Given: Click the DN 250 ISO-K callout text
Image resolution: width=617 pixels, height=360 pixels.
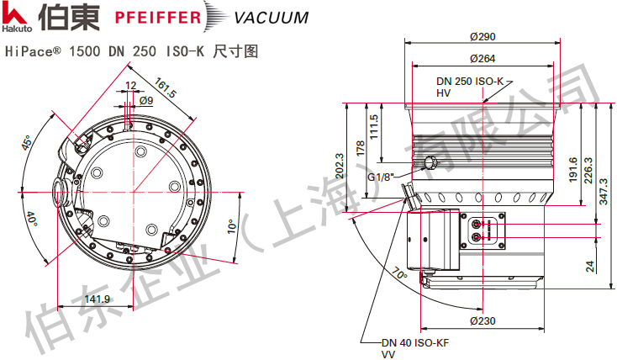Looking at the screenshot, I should click(x=469, y=82).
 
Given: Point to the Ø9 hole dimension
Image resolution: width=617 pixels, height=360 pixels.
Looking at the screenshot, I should click(x=145, y=100).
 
